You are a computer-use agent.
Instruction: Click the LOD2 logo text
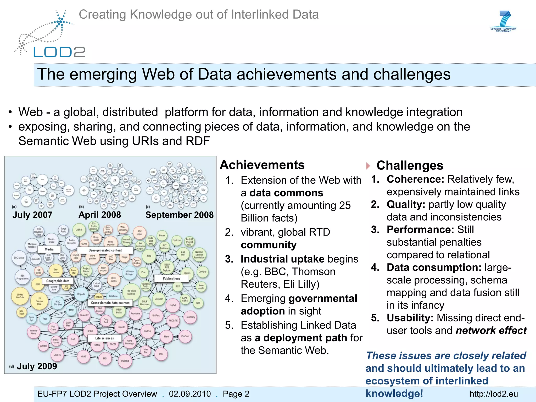point(60,52)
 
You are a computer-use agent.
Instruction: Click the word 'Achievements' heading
point(262,165)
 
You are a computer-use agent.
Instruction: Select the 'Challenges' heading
point(410,165)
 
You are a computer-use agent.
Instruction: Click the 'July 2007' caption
point(32,215)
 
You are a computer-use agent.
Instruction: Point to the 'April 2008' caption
point(100,215)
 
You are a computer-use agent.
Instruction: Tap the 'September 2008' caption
point(180,215)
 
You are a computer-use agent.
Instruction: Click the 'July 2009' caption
point(37,366)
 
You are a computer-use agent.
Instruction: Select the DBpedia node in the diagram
point(81,294)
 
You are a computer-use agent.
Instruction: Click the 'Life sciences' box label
point(104,338)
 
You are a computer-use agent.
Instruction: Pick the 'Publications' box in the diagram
point(171,278)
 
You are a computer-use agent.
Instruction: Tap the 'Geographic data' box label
point(58,281)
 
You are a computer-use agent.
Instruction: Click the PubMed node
point(125,361)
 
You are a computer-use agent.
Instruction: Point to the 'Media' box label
point(49,249)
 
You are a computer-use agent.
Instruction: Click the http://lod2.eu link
point(494,394)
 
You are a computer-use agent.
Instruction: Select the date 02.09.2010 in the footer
point(190,394)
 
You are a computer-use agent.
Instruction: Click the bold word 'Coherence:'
point(415,179)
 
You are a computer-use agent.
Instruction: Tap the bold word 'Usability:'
point(410,318)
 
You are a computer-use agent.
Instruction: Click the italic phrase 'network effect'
point(491,331)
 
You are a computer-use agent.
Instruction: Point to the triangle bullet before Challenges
point(368,166)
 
